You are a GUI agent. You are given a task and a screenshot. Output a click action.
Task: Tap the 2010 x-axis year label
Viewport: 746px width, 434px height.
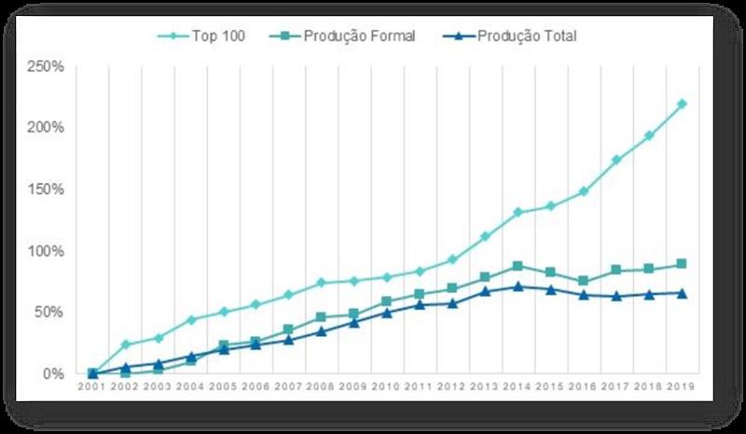387,386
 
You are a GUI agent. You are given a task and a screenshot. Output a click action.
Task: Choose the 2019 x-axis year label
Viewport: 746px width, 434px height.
682,386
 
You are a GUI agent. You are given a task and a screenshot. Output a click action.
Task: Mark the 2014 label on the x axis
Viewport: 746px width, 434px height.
518,386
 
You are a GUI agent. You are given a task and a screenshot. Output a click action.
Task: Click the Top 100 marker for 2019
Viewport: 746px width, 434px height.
682,104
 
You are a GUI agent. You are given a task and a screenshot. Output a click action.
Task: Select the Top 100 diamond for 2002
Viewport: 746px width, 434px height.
125,344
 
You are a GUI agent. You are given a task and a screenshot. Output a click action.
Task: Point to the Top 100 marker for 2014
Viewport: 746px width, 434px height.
518,213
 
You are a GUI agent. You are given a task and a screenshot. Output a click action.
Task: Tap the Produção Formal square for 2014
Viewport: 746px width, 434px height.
518,266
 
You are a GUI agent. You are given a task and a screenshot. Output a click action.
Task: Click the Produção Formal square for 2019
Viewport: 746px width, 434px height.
682,264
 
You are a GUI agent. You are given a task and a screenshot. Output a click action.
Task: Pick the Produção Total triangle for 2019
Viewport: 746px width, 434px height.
682,292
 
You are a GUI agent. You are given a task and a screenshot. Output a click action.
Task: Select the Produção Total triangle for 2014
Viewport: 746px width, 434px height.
518,286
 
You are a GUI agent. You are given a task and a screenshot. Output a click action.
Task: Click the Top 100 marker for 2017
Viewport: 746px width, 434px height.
616,160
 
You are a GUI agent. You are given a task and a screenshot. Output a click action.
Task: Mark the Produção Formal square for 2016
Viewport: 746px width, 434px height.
584,281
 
